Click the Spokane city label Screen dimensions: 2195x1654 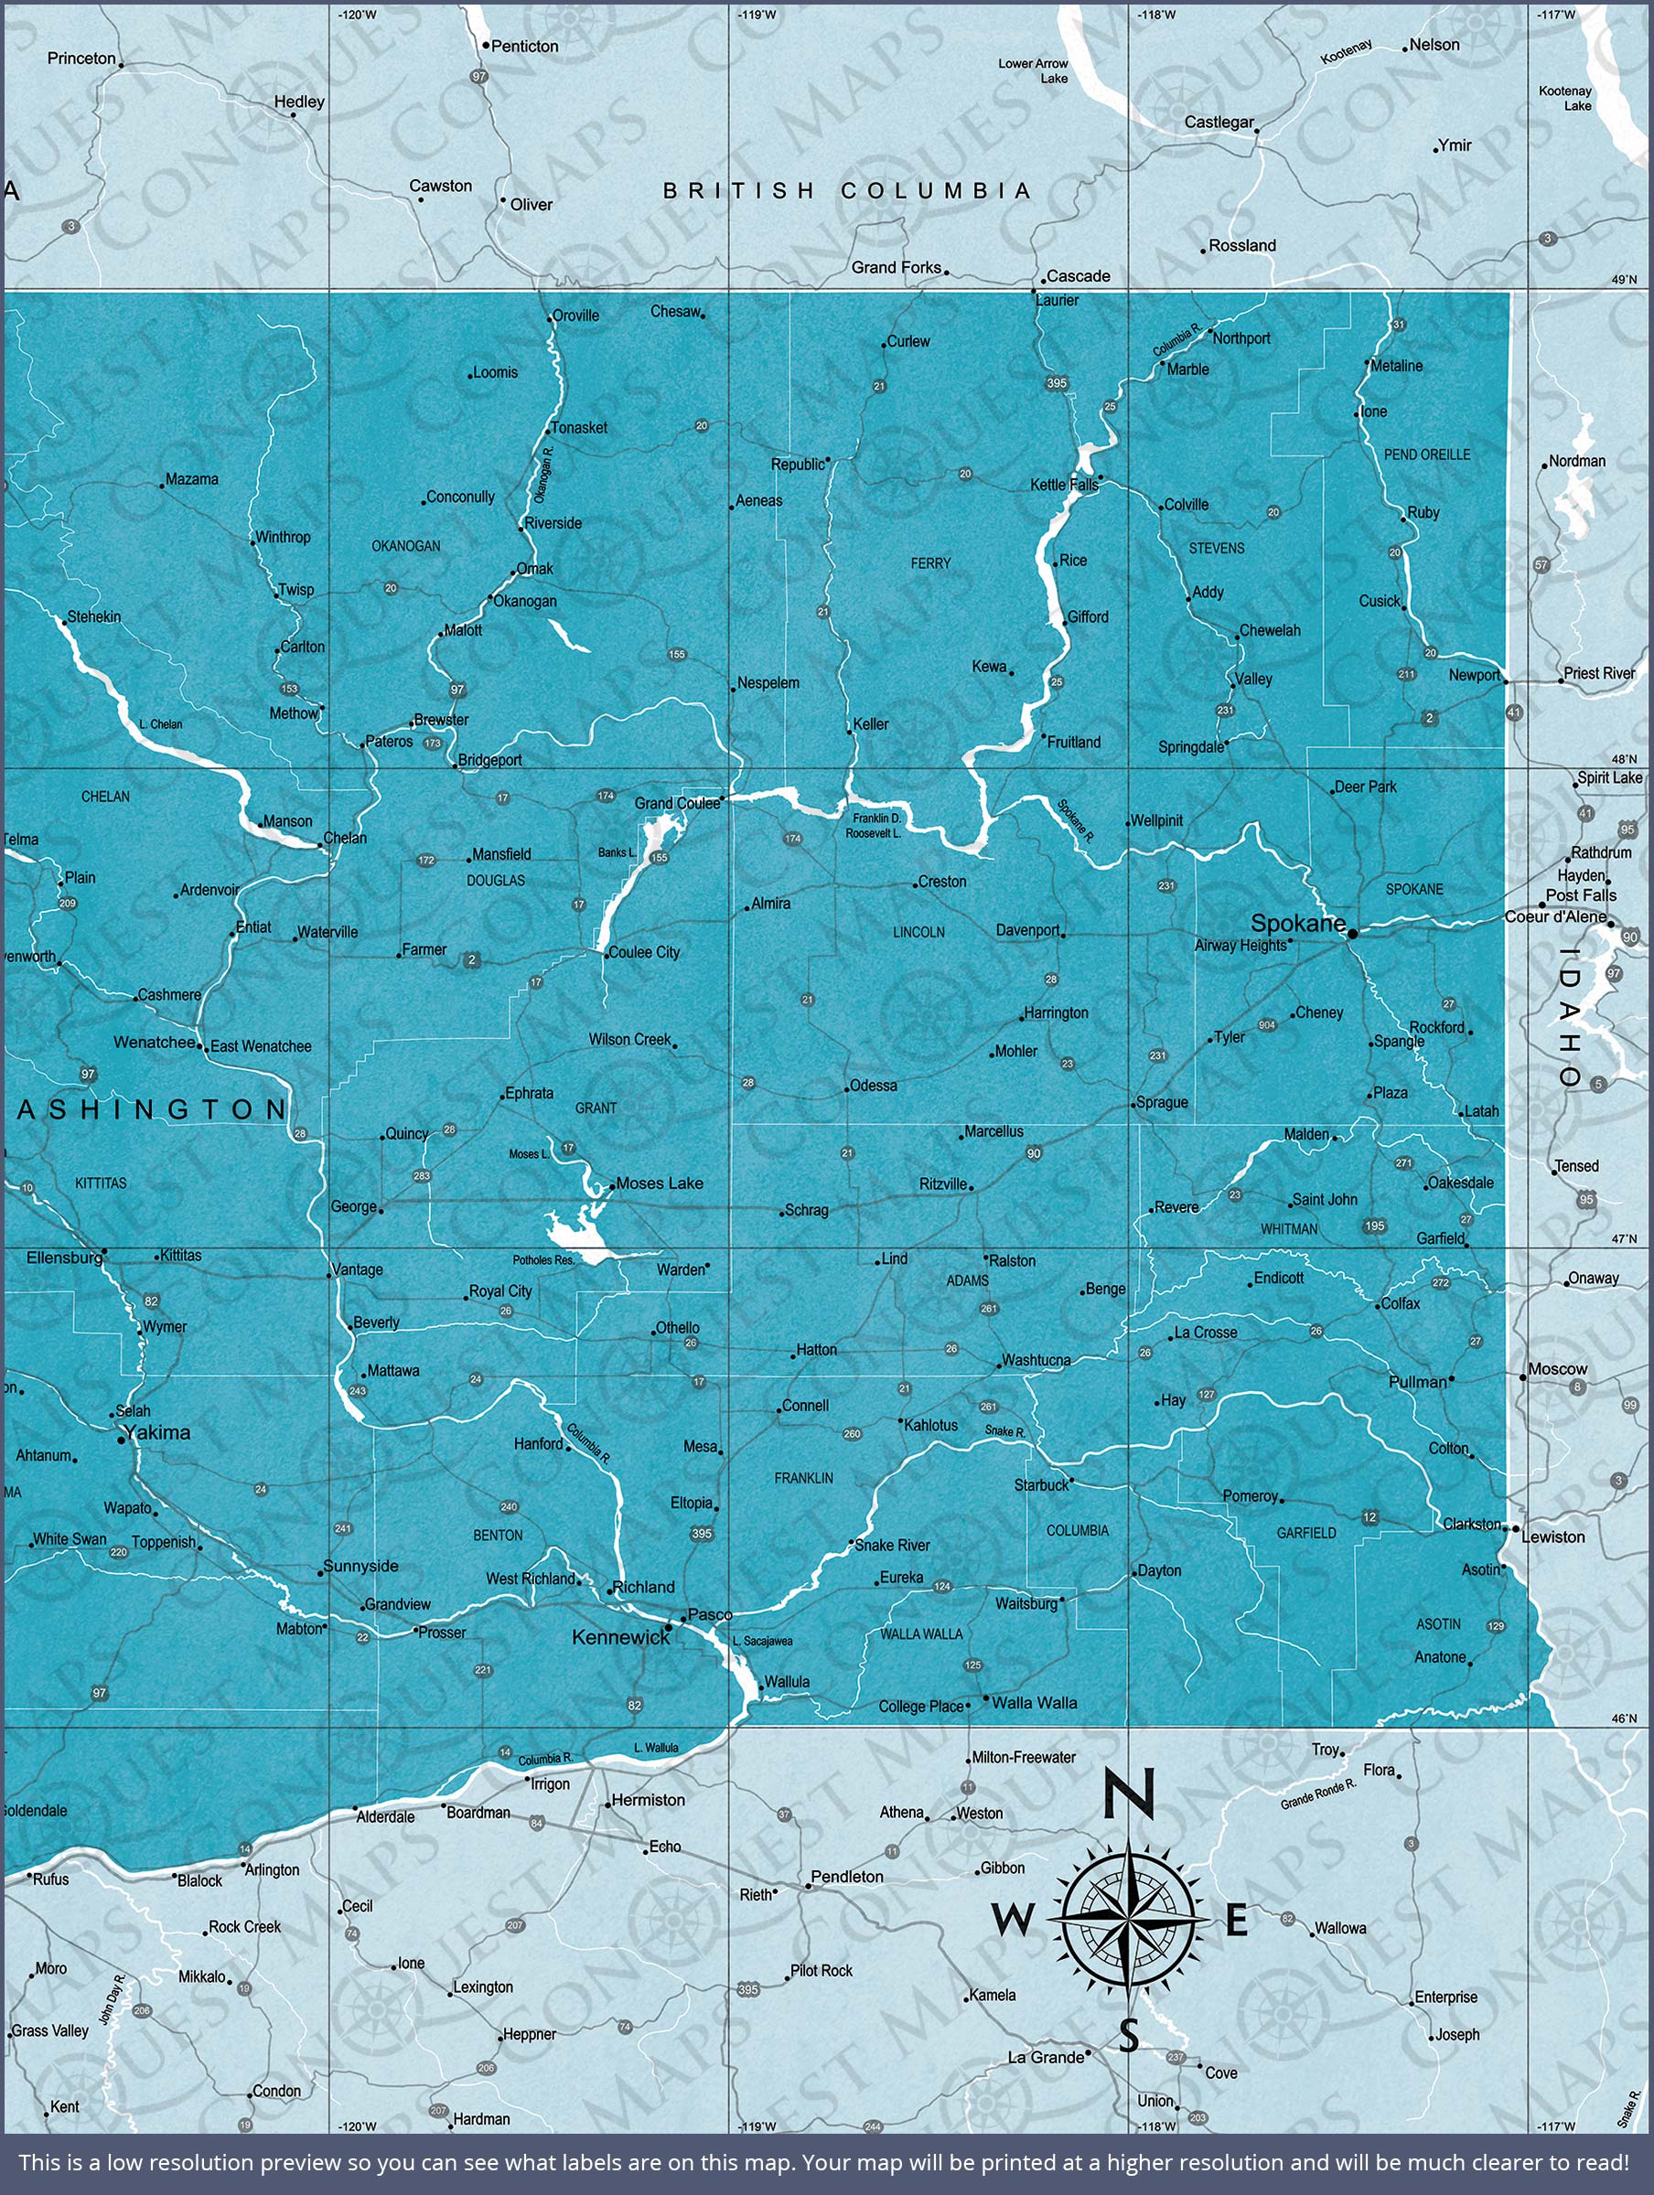coord(1297,923)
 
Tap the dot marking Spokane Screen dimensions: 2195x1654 coord(1352,934)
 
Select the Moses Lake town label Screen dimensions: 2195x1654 coord(660,1183)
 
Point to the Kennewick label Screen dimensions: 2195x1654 coord(621,1637)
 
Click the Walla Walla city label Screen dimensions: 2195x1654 coord(1035,1703)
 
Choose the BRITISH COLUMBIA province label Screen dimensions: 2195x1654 coord(848,190)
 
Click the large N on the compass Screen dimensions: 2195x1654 coord(1129,1795)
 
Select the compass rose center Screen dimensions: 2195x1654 coord(1129,1922)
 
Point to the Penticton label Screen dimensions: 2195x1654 coord(524,47)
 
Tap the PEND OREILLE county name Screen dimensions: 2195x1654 coord(1426,455)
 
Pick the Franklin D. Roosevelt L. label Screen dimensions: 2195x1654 coord(874,826)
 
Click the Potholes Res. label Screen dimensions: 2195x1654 coord(543,1260)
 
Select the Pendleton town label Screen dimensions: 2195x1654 coord(847,1877)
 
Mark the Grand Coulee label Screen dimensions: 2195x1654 coord(677,803)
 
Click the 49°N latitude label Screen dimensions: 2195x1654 coord(1624,280)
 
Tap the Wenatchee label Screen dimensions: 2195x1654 coord(154,1042)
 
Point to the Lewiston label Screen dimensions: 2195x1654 coord(1552,1537)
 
